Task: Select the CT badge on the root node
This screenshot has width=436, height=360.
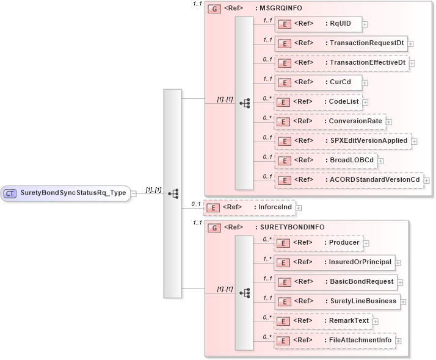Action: [x=10, y=193]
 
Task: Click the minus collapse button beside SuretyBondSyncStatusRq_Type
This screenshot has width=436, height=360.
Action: [x=133, y=193]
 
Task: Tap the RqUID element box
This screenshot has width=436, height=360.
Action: [x=318, y=24]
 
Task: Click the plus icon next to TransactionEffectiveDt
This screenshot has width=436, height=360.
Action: [x=412, y=63]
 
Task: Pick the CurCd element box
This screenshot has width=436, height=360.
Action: [x=318, y=82]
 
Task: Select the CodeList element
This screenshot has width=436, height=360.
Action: [x=318, y=101]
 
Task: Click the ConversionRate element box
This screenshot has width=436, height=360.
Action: [x=330, y=121]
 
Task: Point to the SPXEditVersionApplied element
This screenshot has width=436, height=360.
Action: [x=342, y=140]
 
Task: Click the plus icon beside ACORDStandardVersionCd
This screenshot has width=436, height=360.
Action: [x=426, y=181]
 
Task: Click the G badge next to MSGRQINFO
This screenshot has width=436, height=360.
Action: [x=214, y=9]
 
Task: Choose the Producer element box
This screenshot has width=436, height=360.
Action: [x=318, y=243]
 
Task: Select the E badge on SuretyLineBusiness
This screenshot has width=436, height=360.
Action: [x=283, y=301]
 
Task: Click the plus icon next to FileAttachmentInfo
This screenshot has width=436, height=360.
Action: [x=398, y=341]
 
